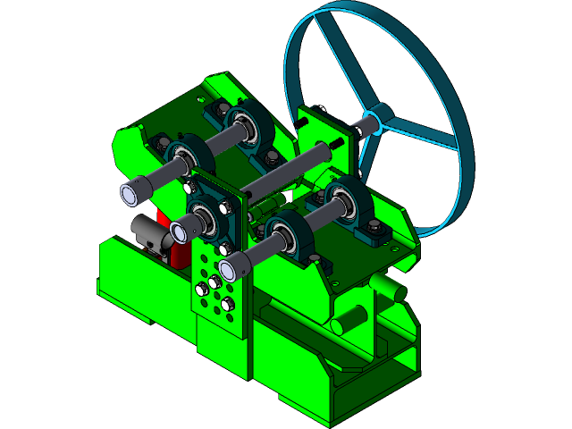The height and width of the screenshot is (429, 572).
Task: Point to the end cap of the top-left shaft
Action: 134,191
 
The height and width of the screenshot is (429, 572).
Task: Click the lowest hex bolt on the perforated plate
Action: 227,305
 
